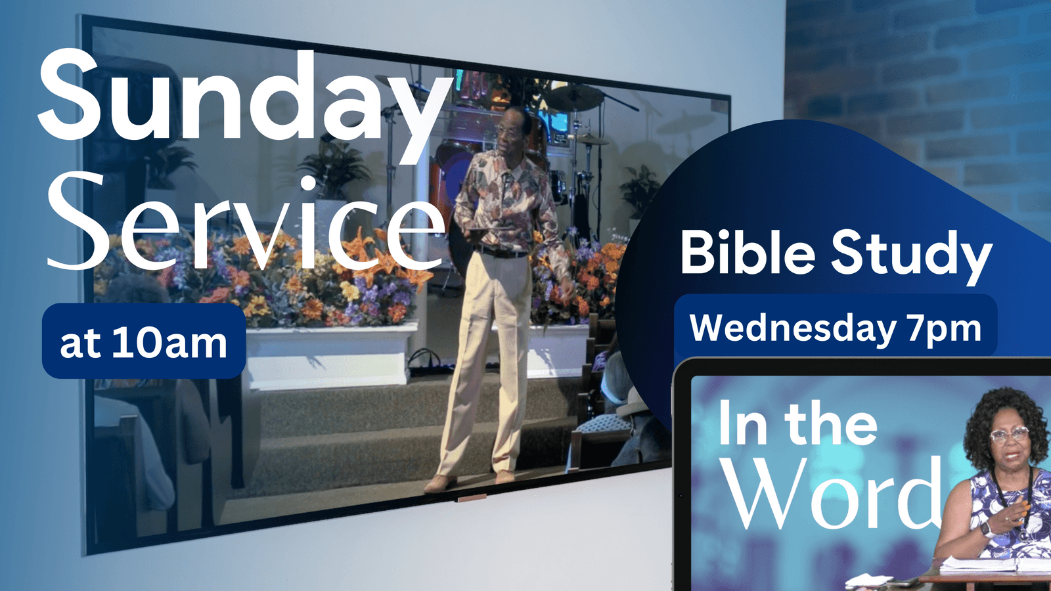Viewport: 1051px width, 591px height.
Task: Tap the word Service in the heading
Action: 246,223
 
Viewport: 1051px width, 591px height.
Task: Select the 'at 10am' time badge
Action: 144,341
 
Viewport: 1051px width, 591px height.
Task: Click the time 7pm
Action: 944,330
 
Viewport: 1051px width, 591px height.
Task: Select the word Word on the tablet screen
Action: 830,492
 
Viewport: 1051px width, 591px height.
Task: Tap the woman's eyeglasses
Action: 1009,434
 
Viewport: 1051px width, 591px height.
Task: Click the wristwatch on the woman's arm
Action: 987,529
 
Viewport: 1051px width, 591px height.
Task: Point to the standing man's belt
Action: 501,253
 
